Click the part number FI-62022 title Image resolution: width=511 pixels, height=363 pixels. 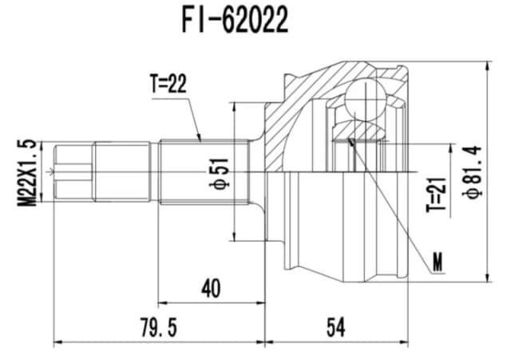tap(233, 22)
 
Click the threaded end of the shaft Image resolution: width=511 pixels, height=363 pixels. tap(73, 172)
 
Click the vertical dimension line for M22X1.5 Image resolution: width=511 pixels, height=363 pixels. tap(43, 172)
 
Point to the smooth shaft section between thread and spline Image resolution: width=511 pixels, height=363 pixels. tap(124, 172)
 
